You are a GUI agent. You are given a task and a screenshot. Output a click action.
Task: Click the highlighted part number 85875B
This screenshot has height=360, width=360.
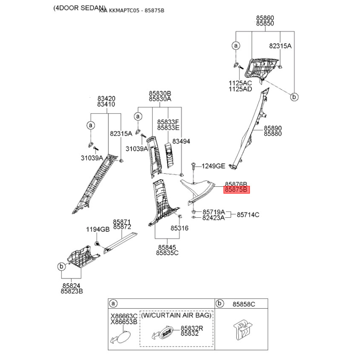pyautogui.click(x=237, y=190)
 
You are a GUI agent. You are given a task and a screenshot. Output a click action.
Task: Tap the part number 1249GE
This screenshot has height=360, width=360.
pyautogui.click(x=213, y=166)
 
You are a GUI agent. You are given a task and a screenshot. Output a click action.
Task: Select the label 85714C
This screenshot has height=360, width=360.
pyautogui.click(x=248, y=215)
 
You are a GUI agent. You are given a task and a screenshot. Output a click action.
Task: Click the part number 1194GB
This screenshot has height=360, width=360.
pyautogui.click(x=98, y=229)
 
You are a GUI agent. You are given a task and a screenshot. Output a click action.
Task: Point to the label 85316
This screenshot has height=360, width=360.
pyautogui.click(x=179, y=228)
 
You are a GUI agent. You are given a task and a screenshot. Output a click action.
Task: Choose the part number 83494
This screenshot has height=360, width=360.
pyautogui.click(x=181, y=141)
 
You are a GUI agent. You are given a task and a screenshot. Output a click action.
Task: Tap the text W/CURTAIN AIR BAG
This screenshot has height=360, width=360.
pyautogui.click(x=176, y=315)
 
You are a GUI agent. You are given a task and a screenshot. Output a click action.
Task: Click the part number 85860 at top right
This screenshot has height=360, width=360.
pyautogui.click(x=265, y=18)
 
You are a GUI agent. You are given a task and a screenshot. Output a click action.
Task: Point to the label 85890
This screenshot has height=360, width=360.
pyautogui.click(x=273, y=128)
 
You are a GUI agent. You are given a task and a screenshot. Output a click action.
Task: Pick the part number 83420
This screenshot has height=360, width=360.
pyautogui.click(x=106, y=99)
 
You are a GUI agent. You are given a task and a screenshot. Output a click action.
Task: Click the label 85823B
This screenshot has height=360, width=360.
pyautogui.click(x=72, y=291)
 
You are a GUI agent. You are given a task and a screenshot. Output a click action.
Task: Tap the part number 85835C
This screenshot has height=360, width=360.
pyautogui.click(x=167, y=253)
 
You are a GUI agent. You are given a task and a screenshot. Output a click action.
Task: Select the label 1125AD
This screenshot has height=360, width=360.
pyautogui.click(x=240, y=89)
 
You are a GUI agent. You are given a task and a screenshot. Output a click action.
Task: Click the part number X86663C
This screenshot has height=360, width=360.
pyautogui.click(x=124, y=316)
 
